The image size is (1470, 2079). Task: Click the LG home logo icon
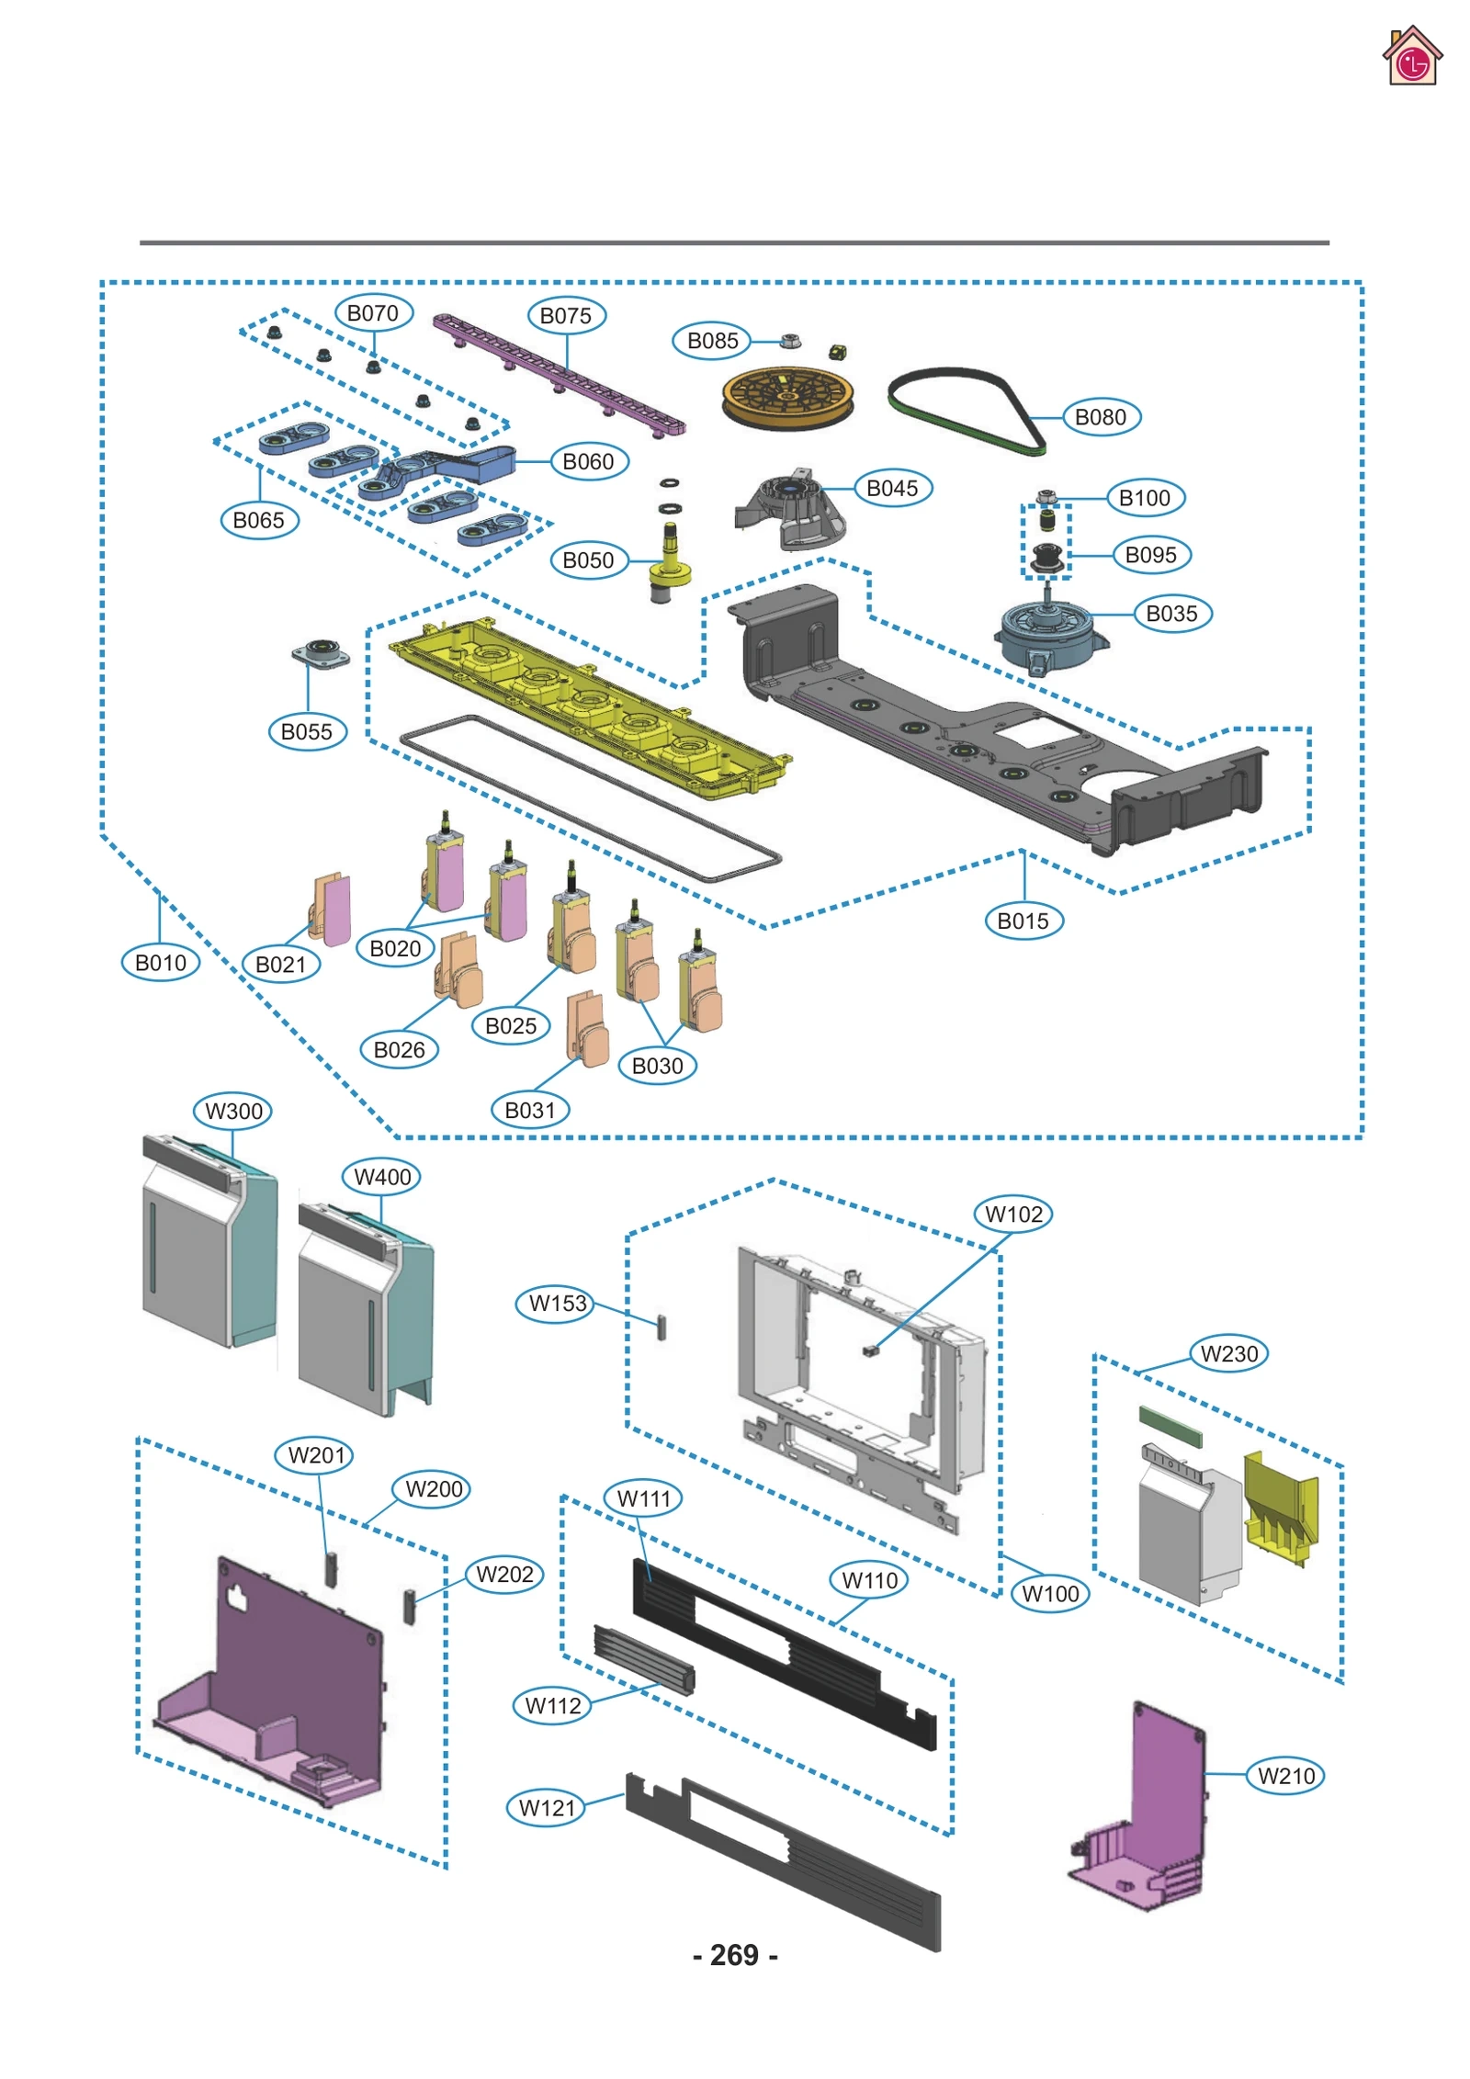[x=1411, y=57]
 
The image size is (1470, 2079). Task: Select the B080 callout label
[x=1100, y=417]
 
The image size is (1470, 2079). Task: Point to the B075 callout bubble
[x=565, y=316]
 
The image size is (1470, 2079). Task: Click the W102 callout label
[x=1012, y=1214]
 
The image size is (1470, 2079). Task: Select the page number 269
[x=734, y=1954]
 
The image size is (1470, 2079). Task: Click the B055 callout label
[x=306, y=732]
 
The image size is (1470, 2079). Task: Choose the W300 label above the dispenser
[x=233, y=1111]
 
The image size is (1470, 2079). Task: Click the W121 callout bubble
[x=546, y=1808]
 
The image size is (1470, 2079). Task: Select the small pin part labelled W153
[x=661, y=1327]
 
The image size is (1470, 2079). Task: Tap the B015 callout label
[x=1023, y=921]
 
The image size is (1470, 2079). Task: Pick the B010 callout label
[x=160, y=963]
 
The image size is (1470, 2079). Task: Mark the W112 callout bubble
[x=552, y=1706]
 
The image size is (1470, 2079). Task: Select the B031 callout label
[x=529, y=1110]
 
